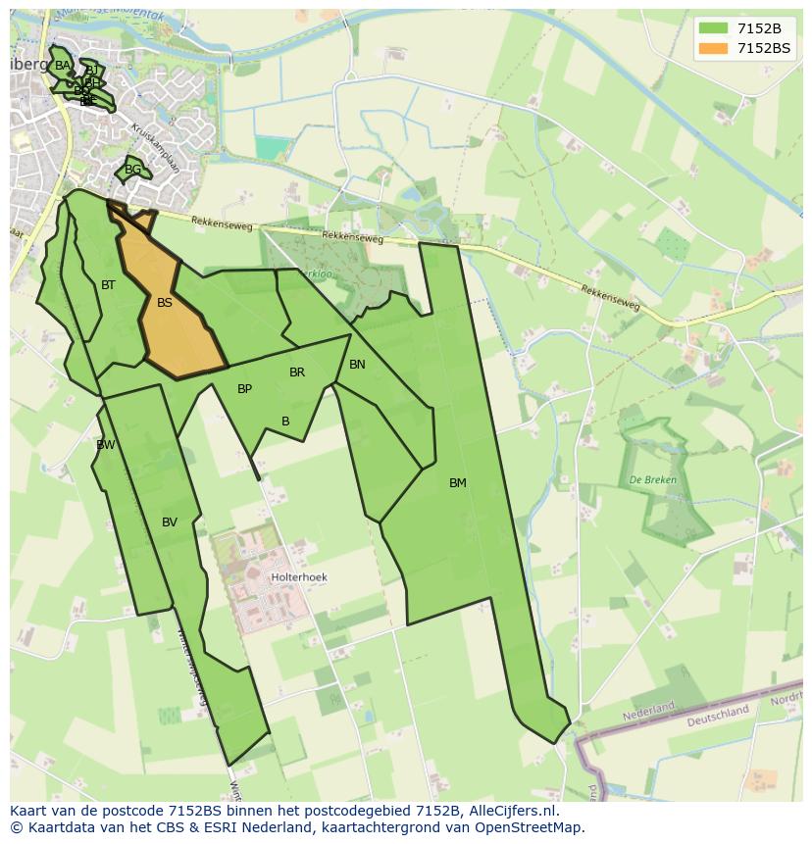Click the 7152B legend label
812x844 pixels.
758,28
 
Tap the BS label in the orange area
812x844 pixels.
165,303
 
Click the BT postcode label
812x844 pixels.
108,285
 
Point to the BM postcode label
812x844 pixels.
458,483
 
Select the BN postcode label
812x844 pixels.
357,365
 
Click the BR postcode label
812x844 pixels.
297,372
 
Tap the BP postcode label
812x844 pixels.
245,389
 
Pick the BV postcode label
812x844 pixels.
170,522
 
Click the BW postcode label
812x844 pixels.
106,445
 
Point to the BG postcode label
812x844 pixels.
132,170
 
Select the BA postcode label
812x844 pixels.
63,66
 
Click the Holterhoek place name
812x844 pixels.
300,578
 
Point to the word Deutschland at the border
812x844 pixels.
719,714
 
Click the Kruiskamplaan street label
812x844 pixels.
157,143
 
